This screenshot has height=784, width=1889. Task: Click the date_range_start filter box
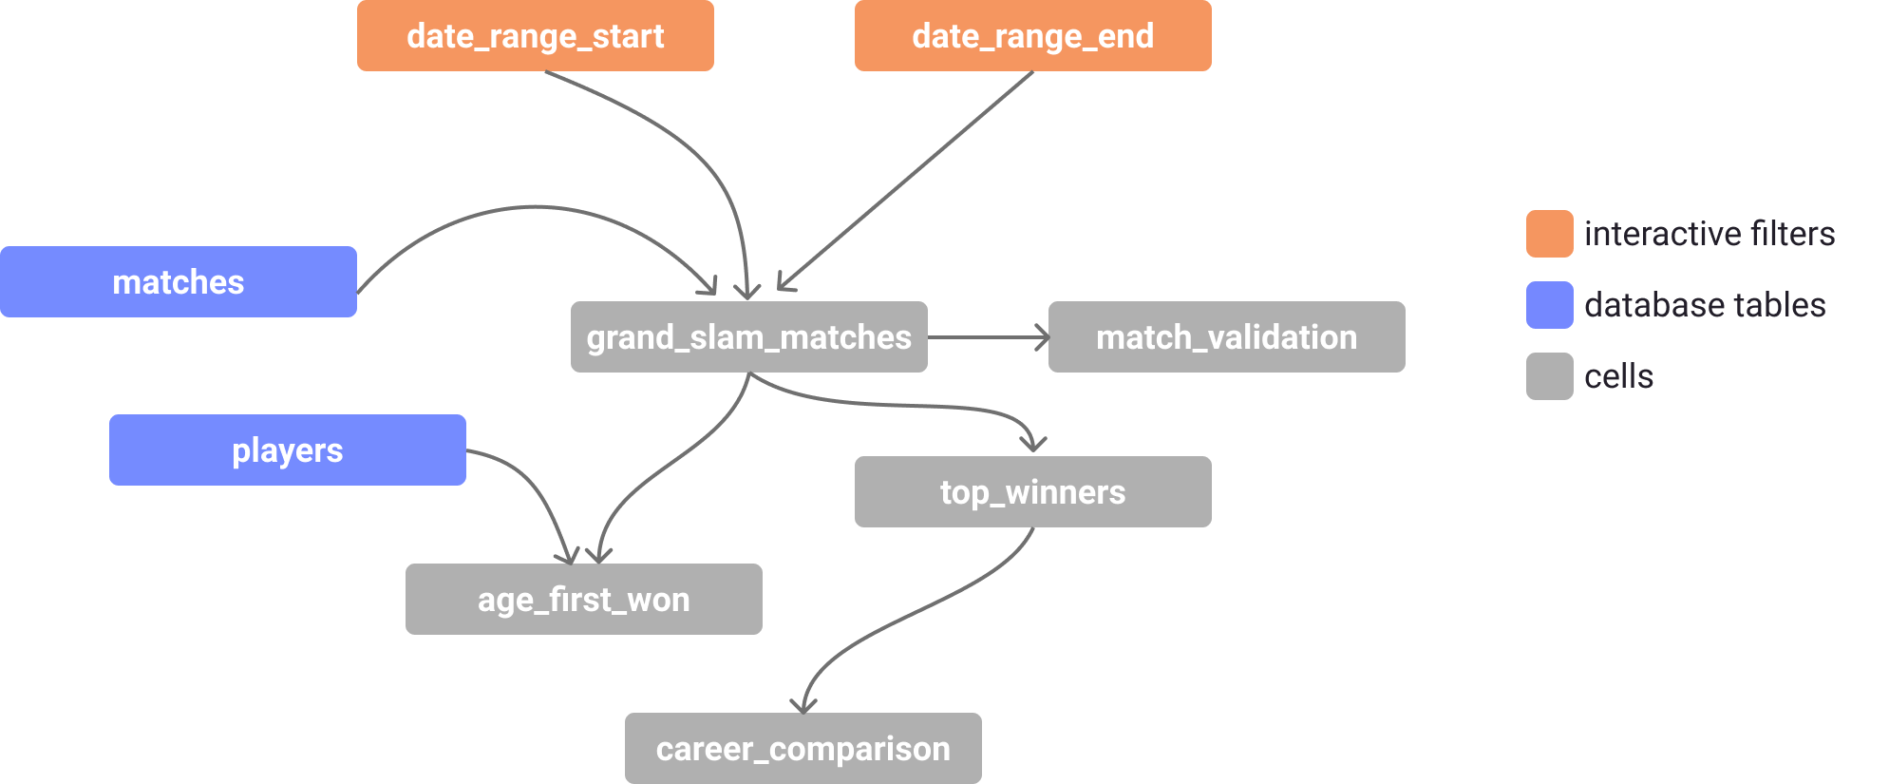(536, 35)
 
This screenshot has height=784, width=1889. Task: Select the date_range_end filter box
(1033, 35)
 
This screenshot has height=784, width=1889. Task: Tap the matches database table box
(179, 281)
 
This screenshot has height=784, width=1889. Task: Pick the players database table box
(288, 449)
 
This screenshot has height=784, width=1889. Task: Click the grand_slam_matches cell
(749, 336)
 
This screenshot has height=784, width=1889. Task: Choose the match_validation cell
(1227, 336)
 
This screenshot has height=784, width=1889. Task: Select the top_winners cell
(1033, 491)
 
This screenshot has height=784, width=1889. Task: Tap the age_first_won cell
(584, 599)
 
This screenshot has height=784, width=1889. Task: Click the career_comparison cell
(803, 748)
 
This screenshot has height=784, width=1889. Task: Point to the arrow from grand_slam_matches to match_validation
(989, 336)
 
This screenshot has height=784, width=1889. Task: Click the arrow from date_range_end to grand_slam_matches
(904, 182)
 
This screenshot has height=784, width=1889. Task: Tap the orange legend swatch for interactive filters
(1550, 234)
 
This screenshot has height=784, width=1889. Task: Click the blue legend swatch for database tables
(1550, 305)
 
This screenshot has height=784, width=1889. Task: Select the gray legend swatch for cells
(1550, 376)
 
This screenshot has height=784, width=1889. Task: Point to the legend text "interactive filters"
(1710, 234)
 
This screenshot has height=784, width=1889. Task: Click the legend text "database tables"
(1705, 305)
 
